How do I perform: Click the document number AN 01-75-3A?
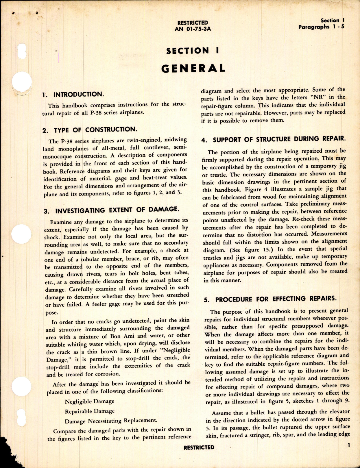[x=193, y=29]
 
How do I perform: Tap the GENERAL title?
[x=193, y=68]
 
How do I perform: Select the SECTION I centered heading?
[x=193, y=51]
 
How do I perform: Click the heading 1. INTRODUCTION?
[x=73, y=95]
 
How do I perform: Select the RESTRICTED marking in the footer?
[x=199, y=447]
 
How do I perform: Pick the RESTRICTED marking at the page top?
[x=193, y=23]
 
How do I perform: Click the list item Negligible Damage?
[x=89, y=402]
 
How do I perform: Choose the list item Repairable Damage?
[x=90, y=411]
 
